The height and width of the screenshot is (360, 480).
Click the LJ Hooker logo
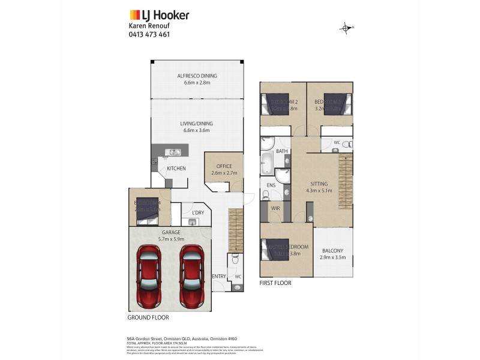(x=160, y=15)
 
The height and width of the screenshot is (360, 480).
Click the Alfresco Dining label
(x=196, y=76)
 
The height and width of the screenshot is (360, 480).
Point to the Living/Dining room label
(x=196, y=124)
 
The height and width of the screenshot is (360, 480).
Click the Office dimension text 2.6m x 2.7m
(x=224, y=173)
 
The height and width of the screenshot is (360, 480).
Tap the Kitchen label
(x=176, y=169)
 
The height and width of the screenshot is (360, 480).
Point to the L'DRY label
(x=197, y=213)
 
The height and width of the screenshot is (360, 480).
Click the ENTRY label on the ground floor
(x=219, y=276)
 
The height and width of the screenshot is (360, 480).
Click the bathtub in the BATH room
(x=267, y=163)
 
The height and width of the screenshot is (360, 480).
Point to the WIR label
(x=276, y=208)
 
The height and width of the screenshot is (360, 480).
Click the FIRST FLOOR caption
(x=275, y=283)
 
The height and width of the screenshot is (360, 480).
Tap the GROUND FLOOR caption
(x=148, y=317)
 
